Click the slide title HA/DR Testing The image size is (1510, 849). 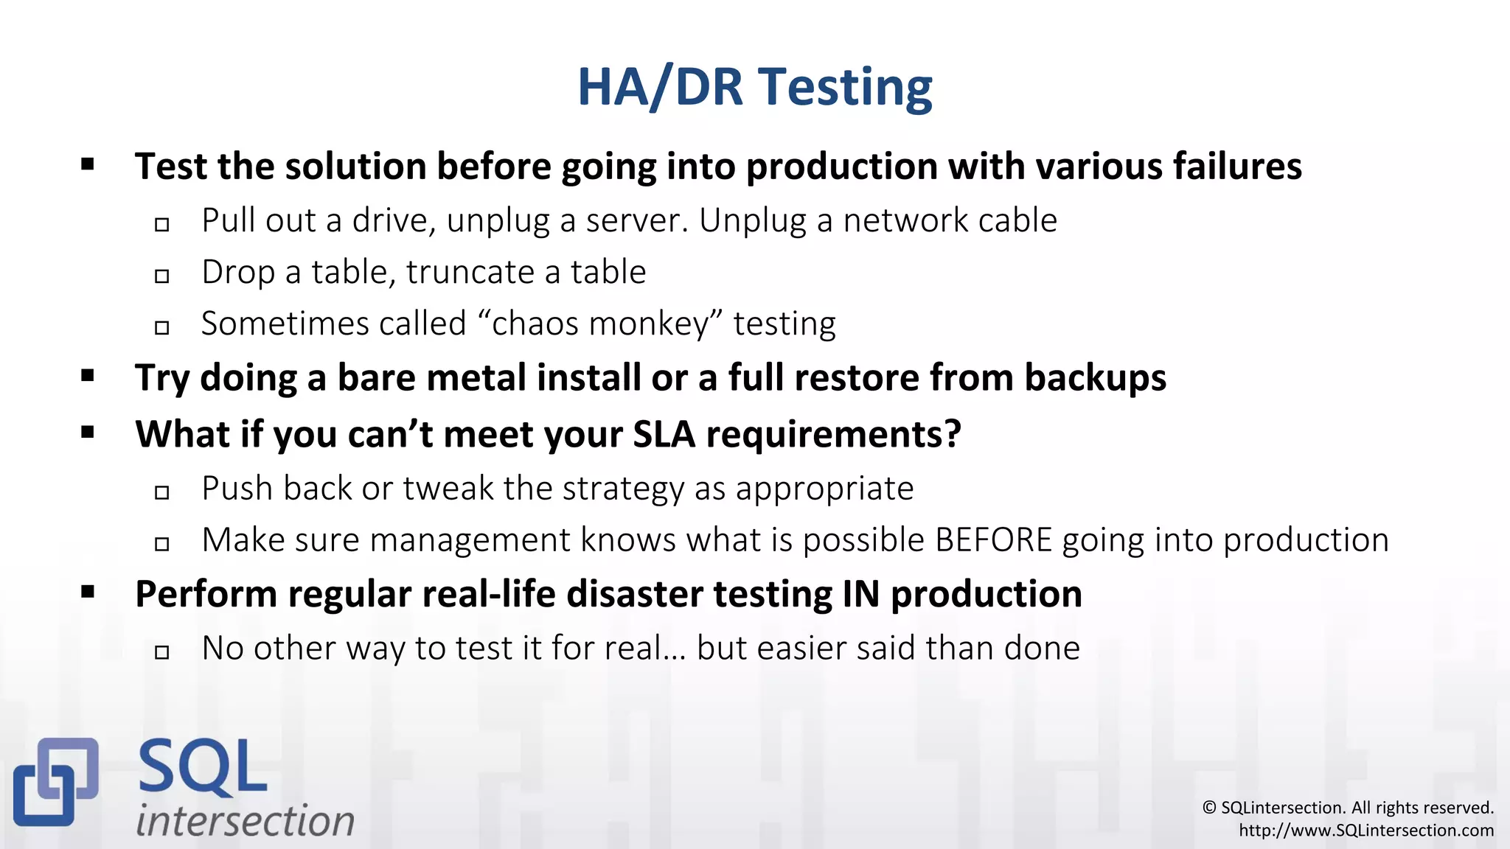754,87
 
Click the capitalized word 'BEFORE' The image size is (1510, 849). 993,540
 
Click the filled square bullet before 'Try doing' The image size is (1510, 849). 88,377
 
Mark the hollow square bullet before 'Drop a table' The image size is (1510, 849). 162,276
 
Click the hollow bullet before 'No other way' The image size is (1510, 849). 162,652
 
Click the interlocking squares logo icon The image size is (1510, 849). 55,781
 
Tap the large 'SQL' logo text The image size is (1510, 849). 202,768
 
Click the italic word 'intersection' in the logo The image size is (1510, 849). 245,820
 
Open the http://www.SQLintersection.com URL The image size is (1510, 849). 1365,831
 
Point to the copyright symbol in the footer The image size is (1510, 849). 1209,808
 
